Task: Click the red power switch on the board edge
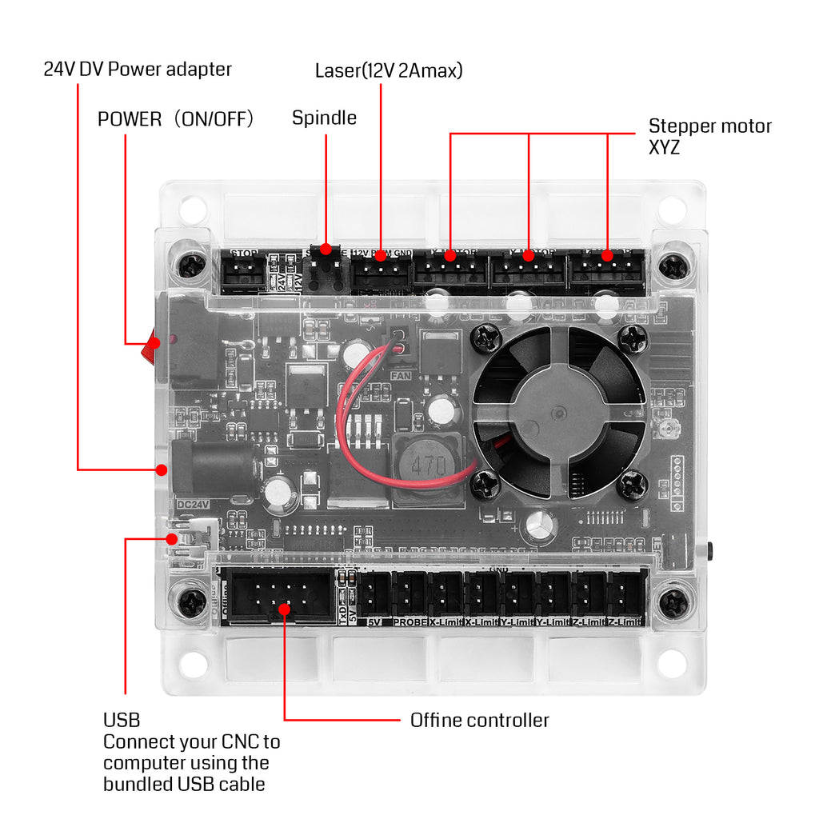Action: click(x=150, y=346)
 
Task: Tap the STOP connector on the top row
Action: click(x=243, y=274)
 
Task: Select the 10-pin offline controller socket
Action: click(x=281, y=595)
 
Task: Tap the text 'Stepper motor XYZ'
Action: click(x=709, y=136)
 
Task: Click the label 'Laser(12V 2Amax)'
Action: click(x=389, y=70)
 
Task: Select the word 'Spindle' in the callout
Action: click(x=324, y=118)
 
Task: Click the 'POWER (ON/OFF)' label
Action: click(x=176, y=119)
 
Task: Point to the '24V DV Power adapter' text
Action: click(x=138, y=69)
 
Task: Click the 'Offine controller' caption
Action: click(x=479, y=720)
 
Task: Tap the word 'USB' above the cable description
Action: click(x=122, y=720)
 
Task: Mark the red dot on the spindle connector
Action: click(x=326, y=251)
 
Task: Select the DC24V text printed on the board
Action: click(x=192, y=504)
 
